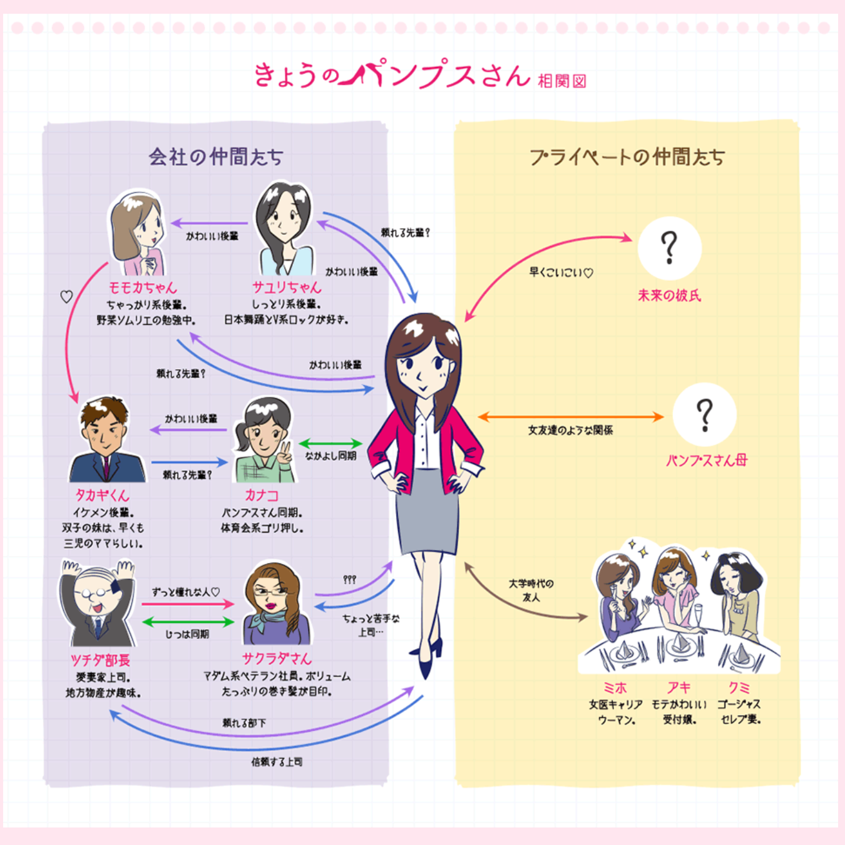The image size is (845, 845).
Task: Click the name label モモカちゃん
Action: pos(143,288)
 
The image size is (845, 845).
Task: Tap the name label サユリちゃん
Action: pos(287,287)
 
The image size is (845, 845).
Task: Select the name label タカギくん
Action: pos(103,495)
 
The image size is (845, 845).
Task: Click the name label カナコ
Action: pos(261,495)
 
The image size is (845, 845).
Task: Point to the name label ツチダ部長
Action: pos(100,660)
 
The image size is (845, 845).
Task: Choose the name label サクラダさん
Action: pos(277,658)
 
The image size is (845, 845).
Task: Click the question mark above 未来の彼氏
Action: pos(669,248)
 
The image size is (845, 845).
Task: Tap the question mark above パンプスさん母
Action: pos(705,414)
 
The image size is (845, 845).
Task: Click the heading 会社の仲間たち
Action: pos(216,156)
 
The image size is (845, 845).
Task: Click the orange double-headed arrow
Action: pos(570,416)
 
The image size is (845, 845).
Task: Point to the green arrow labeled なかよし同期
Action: pos(330,444)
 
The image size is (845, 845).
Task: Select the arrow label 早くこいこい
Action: pos(561,273)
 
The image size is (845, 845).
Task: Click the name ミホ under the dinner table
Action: pos(615,688)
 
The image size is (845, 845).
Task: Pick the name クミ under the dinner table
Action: pos(739,688)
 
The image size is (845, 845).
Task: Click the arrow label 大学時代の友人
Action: pos(531,590)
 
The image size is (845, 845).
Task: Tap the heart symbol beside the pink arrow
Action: pos(66,297)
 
